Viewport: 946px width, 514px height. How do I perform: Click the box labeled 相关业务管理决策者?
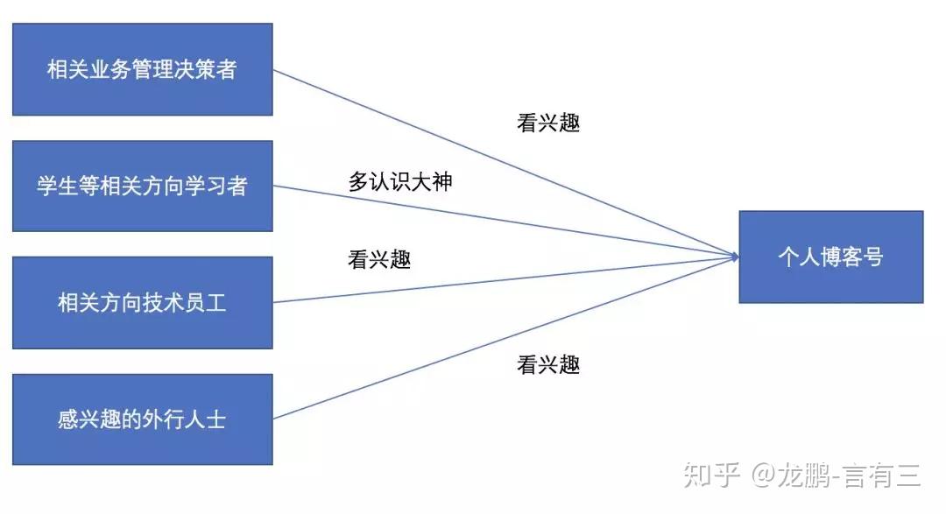coord(142,69)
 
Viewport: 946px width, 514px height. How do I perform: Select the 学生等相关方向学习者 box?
coord(142,186)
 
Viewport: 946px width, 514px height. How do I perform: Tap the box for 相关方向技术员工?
coord(142,303)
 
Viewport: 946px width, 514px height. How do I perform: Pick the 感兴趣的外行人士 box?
coord(142,419)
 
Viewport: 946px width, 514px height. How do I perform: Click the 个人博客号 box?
coord(830,257)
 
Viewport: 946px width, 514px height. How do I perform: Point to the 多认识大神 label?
coord(400,182)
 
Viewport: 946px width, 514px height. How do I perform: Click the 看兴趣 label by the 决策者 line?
coord(548,123)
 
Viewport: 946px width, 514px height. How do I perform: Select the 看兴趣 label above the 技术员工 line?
coord(379,259)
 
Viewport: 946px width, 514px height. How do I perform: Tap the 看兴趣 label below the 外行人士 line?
coord(548,364)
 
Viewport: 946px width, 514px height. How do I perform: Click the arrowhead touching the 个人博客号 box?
coord(733,257)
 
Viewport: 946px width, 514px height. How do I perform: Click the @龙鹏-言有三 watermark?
coord(836,475)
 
